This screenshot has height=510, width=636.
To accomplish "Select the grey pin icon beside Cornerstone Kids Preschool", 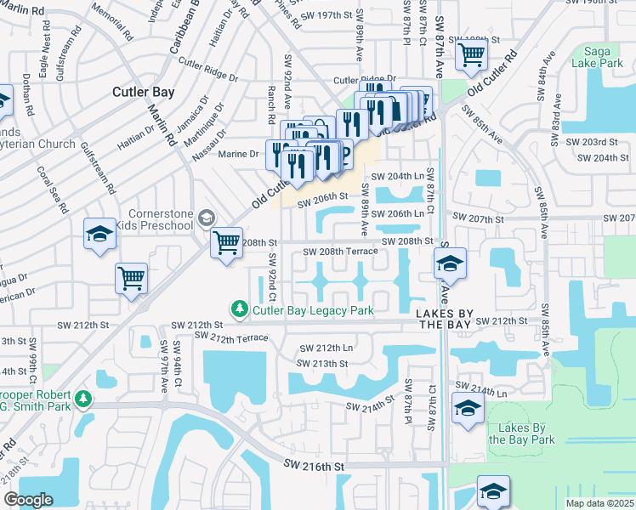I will pyautogui.click(x=205, y=219).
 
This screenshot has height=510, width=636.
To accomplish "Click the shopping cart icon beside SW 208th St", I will pyautogui.click(x=226, y=243).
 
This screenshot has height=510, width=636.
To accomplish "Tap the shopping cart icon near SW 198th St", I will pyautogui.click(x=470, y=55).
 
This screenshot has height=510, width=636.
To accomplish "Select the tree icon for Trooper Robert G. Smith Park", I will pyautogui.click(x=82, y=398).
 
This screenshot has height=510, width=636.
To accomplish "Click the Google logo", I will pyautogui.click(x=29, y=500).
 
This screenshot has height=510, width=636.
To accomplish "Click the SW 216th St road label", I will pyautogui.click(x=314, y=467).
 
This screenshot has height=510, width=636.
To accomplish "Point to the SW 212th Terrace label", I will pyautogui.click(x=231, y=338).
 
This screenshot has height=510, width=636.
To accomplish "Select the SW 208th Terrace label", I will pyautogui.click(x=339, y=252).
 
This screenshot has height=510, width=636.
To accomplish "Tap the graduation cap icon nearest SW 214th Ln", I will pyautogui.click(x=468, y=408).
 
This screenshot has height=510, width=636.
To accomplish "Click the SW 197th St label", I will pyautogui.click(x=322, y=16).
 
